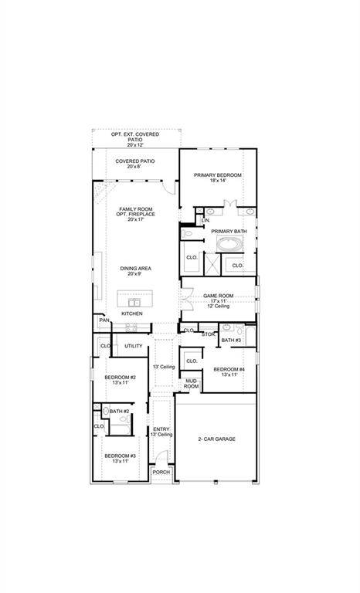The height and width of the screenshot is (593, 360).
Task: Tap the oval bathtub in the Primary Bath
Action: [229, 245]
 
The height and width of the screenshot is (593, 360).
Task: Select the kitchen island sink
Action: [131, 301]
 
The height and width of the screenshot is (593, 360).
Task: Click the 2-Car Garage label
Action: [216, 439]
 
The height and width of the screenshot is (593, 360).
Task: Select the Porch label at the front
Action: [161, 472]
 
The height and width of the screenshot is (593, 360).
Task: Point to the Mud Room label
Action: [191, 384]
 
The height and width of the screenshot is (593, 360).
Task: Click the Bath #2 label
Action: [119, 412]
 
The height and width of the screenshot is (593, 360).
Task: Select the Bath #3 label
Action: [231, 341]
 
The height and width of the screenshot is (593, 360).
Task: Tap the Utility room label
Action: [133, 346]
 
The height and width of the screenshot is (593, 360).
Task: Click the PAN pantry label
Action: [103, 320]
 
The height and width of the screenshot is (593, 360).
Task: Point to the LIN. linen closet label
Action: [205, 221]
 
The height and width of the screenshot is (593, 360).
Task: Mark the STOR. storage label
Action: [208, 334]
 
